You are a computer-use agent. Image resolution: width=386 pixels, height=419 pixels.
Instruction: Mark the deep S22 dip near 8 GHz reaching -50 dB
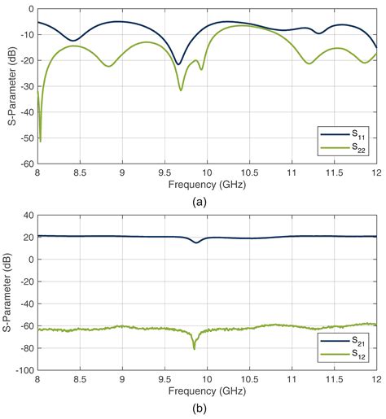40,140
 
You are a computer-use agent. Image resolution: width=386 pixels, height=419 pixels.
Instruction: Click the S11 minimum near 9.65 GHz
178,63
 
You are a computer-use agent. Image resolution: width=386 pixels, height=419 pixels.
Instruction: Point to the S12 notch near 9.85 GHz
194,347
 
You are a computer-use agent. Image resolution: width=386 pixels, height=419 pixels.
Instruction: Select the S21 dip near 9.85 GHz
195,242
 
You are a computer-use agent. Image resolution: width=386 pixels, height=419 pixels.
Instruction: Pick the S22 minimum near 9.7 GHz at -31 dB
181,89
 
